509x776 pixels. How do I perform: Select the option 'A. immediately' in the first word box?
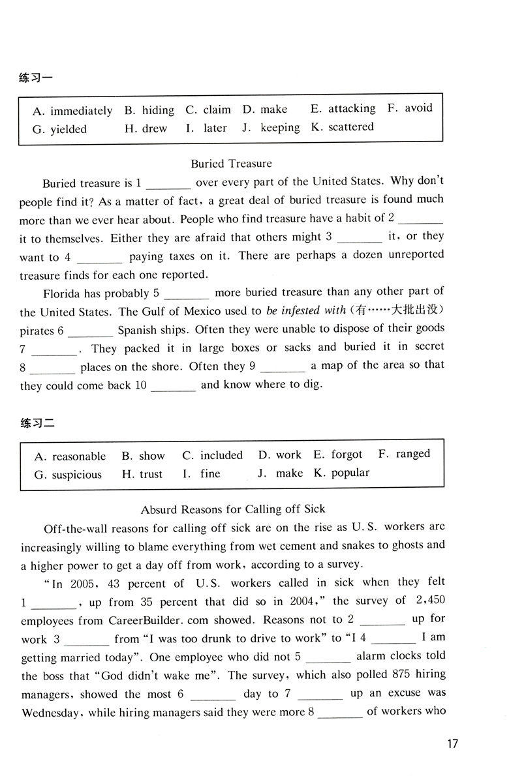pos(72,111)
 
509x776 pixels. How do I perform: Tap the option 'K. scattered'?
pos(343,127)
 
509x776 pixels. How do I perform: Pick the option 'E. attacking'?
pos(343,109)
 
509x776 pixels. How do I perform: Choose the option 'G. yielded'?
pos(59,129)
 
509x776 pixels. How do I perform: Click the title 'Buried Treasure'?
pos(231,163)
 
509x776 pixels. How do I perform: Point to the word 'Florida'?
pos(63,293)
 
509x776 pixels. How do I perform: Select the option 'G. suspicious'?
pos(68,474)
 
